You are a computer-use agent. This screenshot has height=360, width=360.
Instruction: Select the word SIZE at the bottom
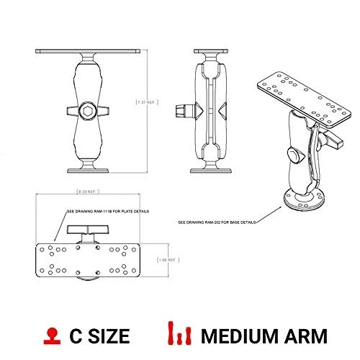pyautogui.click(x=108, y=336)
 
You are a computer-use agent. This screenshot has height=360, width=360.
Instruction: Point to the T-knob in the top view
pyautogui.click(x=90, y=230)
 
